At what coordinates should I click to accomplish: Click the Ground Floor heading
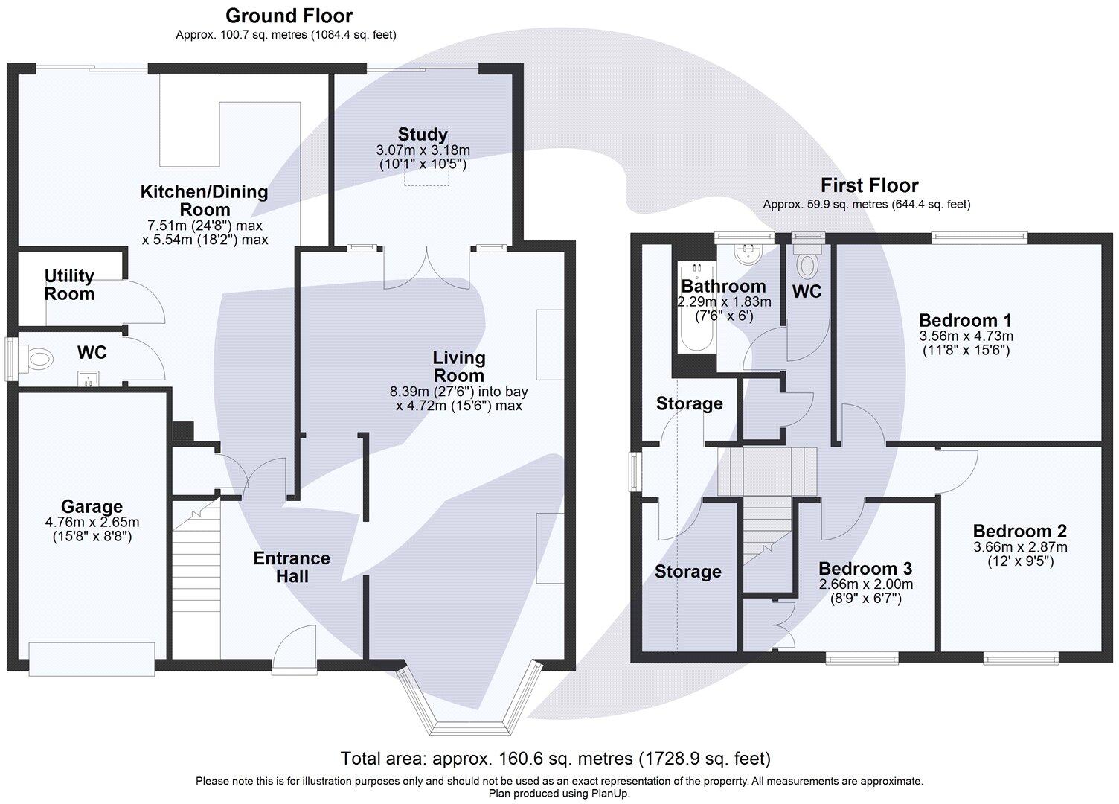tap(289, 16)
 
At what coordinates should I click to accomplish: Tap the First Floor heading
tap(869, 185)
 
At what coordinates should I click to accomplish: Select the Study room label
tap(423, 135)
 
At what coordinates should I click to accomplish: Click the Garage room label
tap(92, 507)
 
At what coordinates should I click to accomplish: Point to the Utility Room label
tap(69, 284)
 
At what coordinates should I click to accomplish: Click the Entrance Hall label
tap(291, 567)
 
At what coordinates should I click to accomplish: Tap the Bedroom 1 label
tap(965, 320)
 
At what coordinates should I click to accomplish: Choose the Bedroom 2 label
tap(1019, 531)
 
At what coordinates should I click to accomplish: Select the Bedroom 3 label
tap(865, 569)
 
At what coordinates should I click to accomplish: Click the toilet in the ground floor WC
tap(38, 359)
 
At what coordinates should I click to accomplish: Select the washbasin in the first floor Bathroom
tap(744, 254)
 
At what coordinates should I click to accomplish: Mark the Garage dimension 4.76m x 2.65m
tap(92, 523)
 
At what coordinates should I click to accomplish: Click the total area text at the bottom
tap(555, 759)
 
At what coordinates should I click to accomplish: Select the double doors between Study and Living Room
tap(426, 268)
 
